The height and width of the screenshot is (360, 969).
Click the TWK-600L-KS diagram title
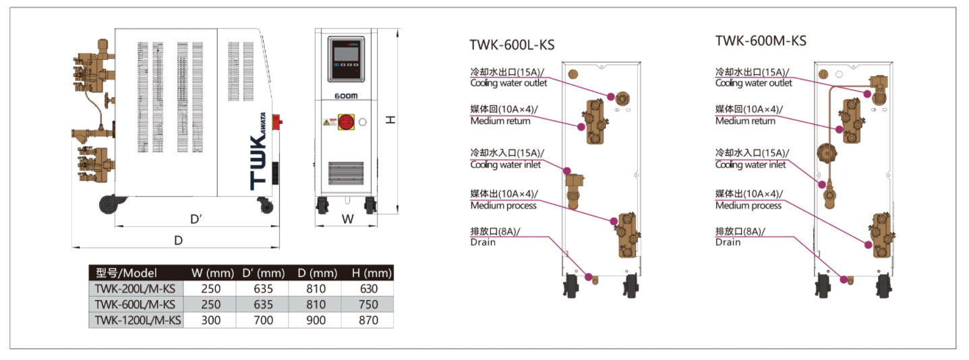[512, 45]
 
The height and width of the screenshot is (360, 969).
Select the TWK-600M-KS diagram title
[761, 40]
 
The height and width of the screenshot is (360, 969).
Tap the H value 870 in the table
[368, 320]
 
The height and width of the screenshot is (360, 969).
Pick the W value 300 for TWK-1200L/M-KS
[211, 320]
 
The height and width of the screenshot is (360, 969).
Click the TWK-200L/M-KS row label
[135, 289]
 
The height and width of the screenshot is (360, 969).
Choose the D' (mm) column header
[263, 273]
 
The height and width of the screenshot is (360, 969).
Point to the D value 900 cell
[316, 320]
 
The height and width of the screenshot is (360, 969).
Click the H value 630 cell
[368, 289]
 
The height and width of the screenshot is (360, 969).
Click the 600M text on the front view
[346, 96]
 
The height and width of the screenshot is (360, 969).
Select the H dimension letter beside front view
[390, 120]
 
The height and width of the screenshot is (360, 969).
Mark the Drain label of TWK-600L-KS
[483, 242]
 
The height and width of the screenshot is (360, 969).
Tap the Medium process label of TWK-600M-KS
[748, 206]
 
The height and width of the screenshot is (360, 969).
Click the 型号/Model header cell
[127, 273]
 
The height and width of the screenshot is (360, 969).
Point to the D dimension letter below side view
[178, 240]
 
